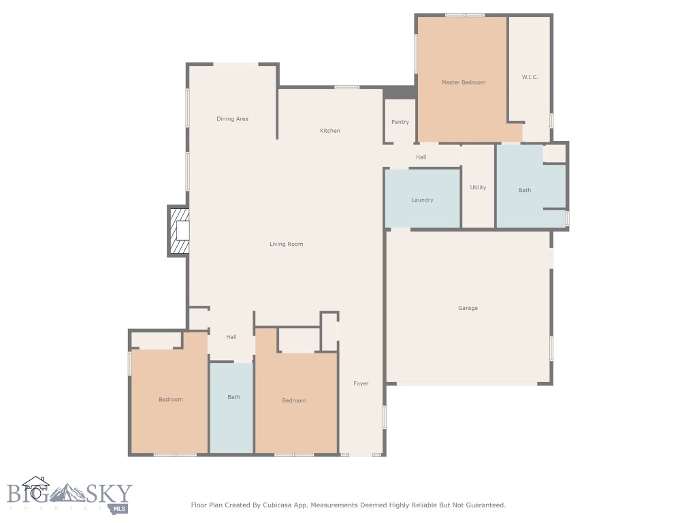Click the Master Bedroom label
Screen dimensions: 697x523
coord(463,82)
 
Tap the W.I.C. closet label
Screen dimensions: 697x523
coord(530,77)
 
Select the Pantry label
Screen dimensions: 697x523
coord(400,122)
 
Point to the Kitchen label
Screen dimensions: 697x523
coord(330,130)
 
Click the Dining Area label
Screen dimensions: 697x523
coord(233,118)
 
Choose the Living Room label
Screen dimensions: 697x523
coord(287,244)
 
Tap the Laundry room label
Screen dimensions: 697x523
coord(422,200)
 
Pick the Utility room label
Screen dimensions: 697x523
coord(479,187)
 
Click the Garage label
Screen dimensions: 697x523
coord(468,308)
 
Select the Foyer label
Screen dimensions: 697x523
coord(361,383)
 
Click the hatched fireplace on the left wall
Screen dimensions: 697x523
coord(178,231)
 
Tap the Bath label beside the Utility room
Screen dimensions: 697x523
coord(525,190)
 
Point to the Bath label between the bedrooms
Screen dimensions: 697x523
coord(234,397)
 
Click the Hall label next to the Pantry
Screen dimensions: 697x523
coord(421,157)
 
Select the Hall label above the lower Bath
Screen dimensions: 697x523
coord(231,337)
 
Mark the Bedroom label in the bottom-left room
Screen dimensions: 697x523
coord(171,399)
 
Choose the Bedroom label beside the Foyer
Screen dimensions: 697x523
coord(294,400)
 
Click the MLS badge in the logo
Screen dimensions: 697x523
coord(119,508)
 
